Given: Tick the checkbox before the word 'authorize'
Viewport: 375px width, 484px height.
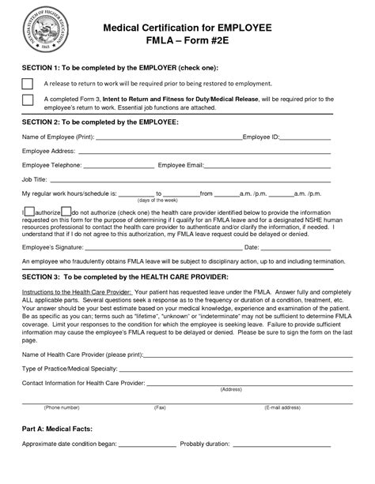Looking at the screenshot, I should [x=29, y=212].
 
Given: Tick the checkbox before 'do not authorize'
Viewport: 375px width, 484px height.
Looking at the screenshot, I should [x=66, y=212].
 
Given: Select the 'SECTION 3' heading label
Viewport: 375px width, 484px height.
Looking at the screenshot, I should [x=47, y=278].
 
